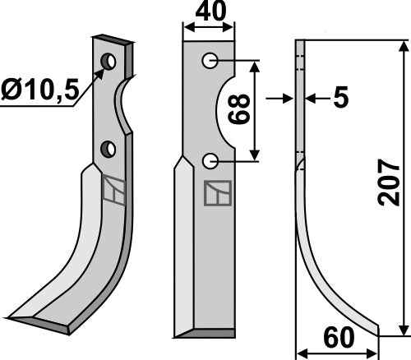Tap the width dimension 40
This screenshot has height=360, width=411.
coord(208,13)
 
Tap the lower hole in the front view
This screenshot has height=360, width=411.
coord(211,159)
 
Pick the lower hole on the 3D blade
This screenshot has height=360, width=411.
coord(107,148)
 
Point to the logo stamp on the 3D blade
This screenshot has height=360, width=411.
coord(113,192)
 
